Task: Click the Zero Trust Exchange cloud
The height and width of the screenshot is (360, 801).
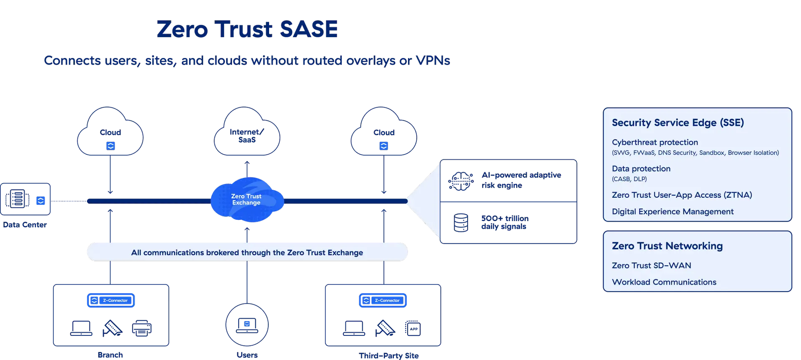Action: [247, 199]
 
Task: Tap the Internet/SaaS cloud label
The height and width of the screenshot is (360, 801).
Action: [247, 136]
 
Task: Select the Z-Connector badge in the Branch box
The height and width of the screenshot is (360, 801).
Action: [111, 300]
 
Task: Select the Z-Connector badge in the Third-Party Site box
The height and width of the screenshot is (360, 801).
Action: [383, 300]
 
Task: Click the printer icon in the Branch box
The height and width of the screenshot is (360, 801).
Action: [141, 328]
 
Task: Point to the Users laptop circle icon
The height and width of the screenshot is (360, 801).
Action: [247, 325]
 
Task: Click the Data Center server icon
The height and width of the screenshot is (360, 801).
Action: [17, 199]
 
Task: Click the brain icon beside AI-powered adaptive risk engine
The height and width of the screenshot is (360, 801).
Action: [461, 181]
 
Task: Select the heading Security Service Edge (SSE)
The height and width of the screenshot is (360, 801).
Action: [678, 123]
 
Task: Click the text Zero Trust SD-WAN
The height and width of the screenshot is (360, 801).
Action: [651, 265]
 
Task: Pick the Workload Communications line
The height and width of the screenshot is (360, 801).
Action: [664, 282]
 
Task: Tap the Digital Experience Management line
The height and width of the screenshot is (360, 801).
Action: [673, 211]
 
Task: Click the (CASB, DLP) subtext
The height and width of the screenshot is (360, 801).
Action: [629, 179]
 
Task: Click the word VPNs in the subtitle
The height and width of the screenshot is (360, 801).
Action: [433, 61]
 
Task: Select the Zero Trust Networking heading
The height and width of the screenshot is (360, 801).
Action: [667, 246]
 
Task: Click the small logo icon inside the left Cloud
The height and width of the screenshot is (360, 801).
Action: [111, 146]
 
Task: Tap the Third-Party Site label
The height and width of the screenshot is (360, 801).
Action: [388, 355]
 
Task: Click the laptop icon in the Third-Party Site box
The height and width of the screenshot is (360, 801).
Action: [354, 328]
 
